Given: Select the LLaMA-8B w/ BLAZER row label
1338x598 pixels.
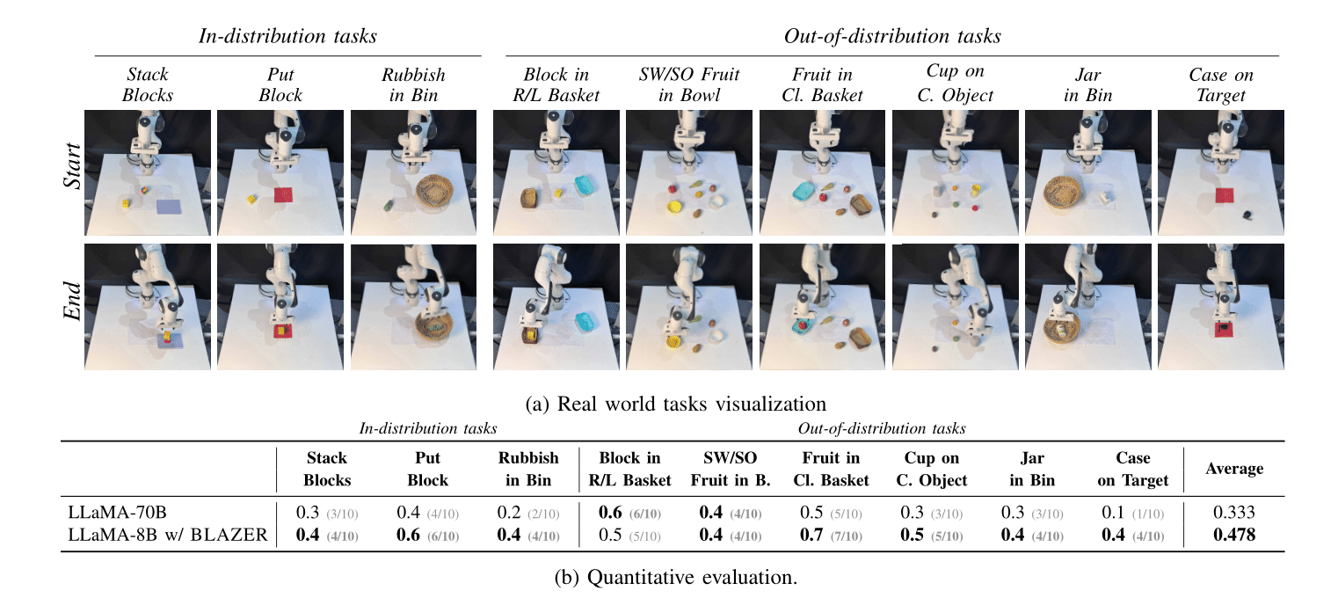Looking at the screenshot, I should tap(168, 535).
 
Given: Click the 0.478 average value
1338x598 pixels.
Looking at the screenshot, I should tap(1235, 535).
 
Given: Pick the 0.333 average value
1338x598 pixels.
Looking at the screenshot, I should tap(1235, 513).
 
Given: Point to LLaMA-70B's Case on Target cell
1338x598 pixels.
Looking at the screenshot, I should tap(1132, 513).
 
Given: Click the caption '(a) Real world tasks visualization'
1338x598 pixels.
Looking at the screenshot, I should tap(675, 404).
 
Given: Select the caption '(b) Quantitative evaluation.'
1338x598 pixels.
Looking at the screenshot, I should tap(675, 577).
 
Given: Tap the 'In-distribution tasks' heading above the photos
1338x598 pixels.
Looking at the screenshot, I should tap(287, 37).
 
